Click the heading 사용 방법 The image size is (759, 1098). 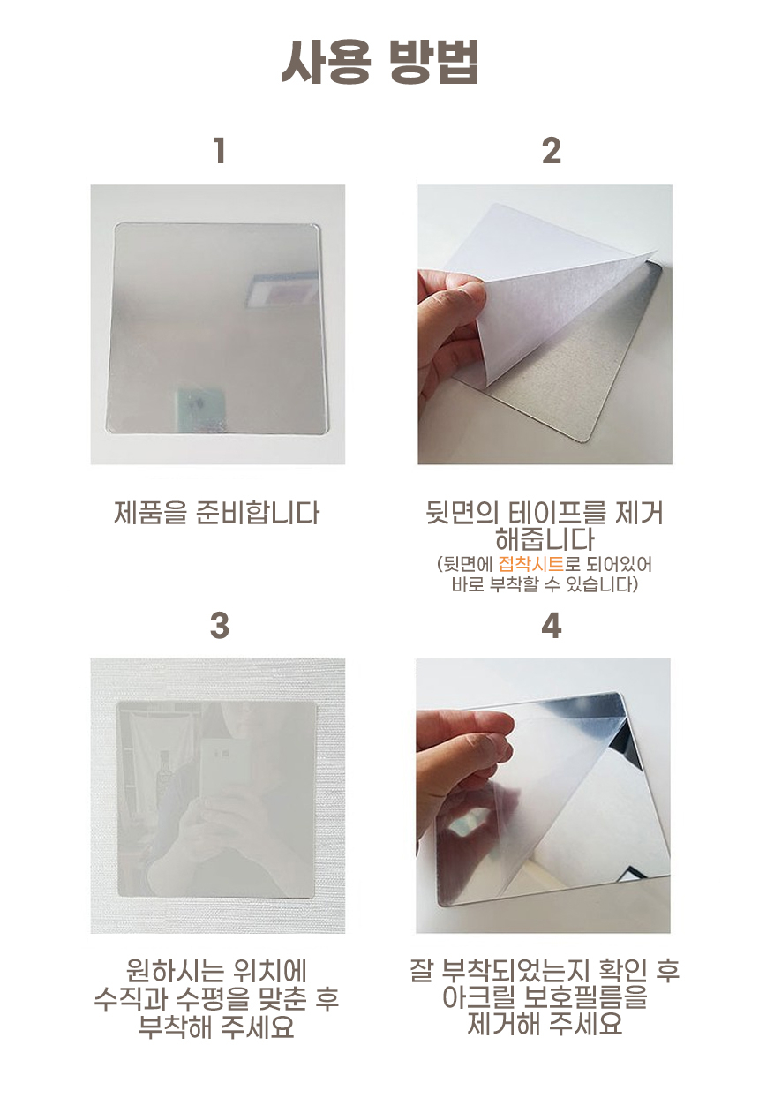coord(379,62)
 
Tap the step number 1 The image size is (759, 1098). coord(219,151)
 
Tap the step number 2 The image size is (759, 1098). coord(551,151)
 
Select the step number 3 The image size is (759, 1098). coord(219,626)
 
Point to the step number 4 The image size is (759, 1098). coord(551,626)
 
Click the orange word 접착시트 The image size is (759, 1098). coord(530,564)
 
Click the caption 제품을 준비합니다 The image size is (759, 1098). coord(217,512)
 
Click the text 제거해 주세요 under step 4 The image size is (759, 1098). coord(545,1024)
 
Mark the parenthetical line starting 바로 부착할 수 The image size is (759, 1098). coord(545,584)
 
